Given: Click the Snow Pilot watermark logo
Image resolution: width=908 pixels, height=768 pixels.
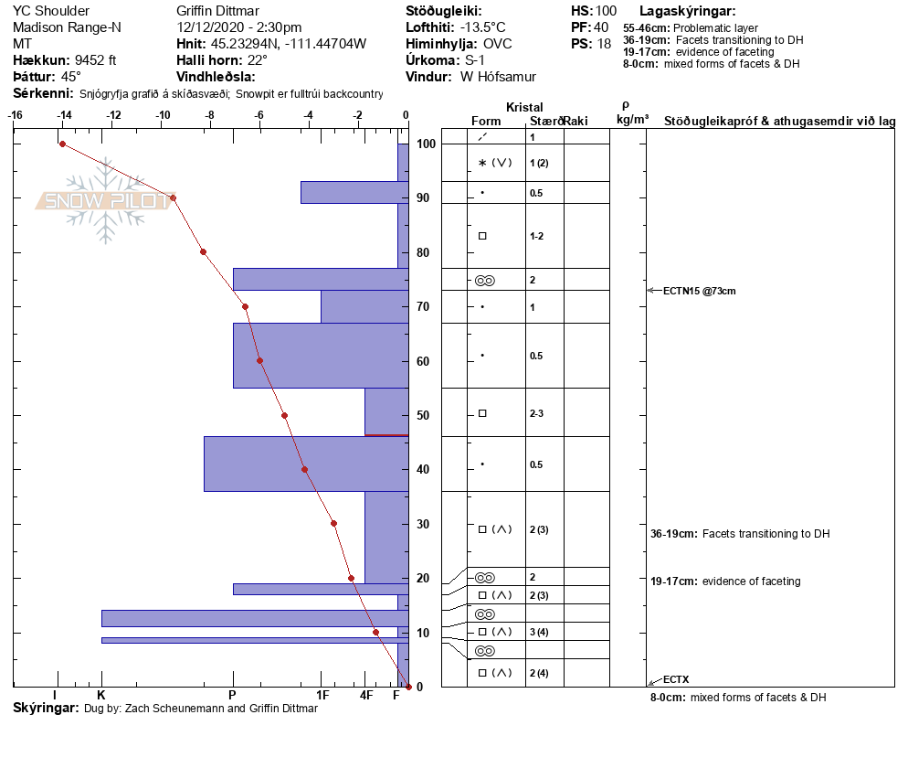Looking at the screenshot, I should click(x=105, y=201).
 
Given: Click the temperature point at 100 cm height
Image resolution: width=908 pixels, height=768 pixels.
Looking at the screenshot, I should click(x=62, y=144).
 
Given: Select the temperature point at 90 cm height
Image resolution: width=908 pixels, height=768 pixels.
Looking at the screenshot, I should click(x=173, y=197).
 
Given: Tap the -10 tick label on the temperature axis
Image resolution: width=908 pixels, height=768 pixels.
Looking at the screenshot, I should click(x=163, y=115).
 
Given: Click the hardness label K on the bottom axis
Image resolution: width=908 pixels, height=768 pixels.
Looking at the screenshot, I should click(x=101, y=696).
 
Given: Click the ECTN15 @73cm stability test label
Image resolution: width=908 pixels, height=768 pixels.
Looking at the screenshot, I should click(x=699, y=291).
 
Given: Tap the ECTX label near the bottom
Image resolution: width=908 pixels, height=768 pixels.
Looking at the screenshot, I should click(x=676, y=679).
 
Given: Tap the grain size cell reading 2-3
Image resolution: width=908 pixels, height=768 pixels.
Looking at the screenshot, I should click(x=538, y=413).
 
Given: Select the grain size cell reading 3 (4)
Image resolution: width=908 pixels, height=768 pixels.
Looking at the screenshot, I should click(x=539, y=632).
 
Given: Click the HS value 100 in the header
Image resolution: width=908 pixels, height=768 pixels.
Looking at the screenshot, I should click(x=606, y=11).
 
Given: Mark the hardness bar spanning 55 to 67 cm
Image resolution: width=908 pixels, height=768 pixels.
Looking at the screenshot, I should click(x=320, y=356).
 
